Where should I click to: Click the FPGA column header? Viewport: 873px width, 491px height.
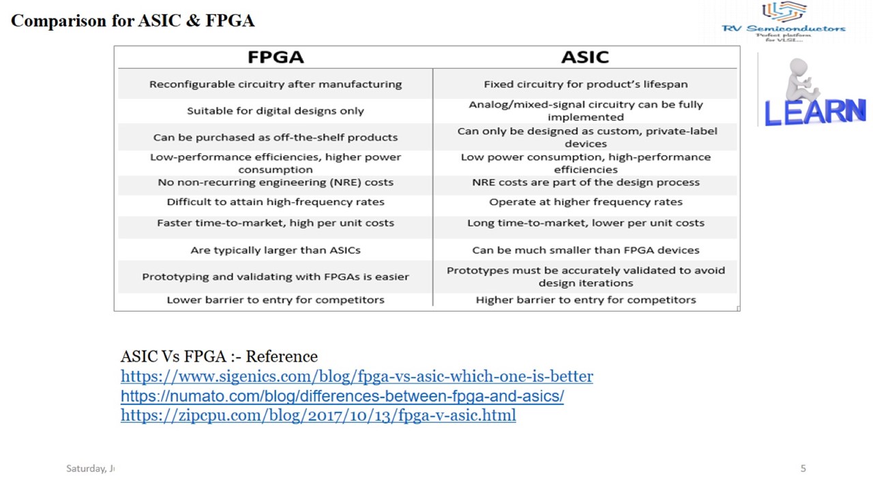tap(276, 57)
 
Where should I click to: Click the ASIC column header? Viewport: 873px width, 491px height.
tap(585, 57)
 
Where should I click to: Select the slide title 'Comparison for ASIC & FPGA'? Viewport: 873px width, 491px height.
tap(133, 21)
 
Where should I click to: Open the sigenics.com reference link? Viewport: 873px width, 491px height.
tap(357, 376)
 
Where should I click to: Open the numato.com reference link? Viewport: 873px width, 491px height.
tap(342, 396)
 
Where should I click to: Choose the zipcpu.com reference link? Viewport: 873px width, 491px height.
tap(318, 415)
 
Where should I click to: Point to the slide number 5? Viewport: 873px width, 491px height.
tap(803, 468)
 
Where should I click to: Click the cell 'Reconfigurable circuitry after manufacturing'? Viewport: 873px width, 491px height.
tap(276, 85)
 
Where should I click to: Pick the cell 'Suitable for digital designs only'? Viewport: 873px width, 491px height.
tap(276, 111)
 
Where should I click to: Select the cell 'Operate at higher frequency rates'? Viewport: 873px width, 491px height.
tap(585, 202)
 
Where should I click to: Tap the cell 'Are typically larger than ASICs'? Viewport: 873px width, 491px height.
tap(276, 250)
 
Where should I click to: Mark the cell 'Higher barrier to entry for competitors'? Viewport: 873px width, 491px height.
tap(585, 300)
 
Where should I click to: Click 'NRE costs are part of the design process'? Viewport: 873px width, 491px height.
tap(585, 183)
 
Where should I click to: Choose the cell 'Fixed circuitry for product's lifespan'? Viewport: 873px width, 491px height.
tap(585, 85)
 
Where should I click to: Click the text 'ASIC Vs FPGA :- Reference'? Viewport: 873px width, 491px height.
tap(219, 357)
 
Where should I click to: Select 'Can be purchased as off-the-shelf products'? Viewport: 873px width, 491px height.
tap(276, 138)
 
